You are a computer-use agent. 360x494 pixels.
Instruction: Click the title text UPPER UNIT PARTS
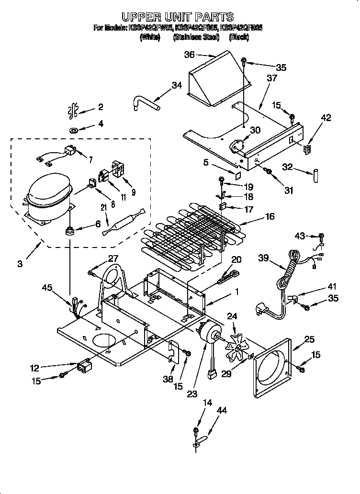point(178,17)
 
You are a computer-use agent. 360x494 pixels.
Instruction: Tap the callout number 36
point(190,55)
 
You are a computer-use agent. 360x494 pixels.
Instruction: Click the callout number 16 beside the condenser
point(270,217)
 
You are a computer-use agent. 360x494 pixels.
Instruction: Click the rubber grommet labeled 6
point(71,232)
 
